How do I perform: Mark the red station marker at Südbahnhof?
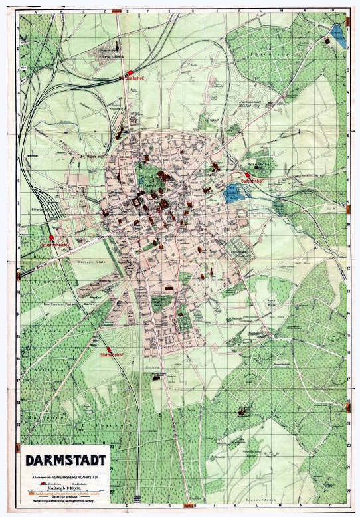(x=108, y=348)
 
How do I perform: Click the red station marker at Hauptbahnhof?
(x=51, y=237)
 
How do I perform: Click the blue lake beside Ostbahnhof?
(x=232, y=193)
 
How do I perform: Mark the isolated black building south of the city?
(x=157, y=377)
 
